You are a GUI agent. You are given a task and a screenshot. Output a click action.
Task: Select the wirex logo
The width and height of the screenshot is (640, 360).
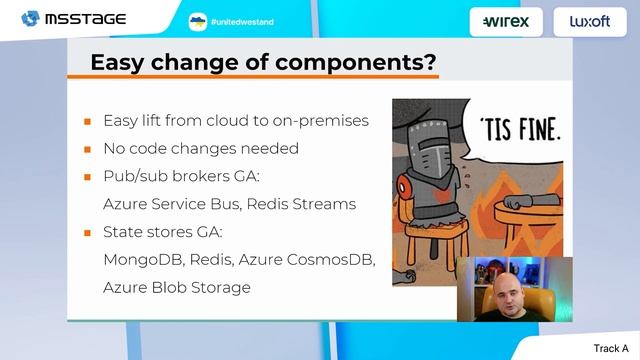point(506,21)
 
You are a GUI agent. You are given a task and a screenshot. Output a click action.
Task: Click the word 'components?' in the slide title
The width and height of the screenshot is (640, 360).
point(358,62)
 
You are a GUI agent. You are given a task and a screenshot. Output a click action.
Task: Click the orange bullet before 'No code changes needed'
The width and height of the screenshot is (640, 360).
point(87,149)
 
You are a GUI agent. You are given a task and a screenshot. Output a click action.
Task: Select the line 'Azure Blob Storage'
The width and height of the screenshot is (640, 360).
point(177,288)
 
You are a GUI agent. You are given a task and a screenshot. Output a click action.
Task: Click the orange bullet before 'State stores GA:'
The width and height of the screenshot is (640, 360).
point(87,233)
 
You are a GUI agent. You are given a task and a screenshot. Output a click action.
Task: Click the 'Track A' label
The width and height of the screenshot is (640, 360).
point(611,348)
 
